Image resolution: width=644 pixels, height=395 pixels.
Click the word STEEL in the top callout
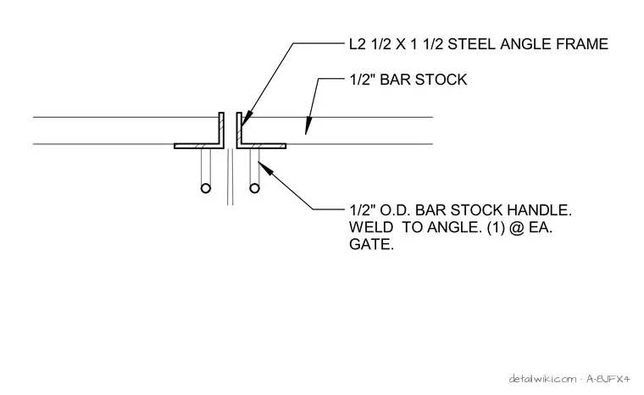click(471, 44)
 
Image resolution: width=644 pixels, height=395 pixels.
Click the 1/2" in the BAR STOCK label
click(363, 80)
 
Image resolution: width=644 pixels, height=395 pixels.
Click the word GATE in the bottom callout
click(371, 245)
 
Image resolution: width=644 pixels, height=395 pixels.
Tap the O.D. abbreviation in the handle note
click(395, 210)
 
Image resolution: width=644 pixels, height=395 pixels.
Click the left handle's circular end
click(206, 188)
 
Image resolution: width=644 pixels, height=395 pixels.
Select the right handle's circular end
click(255, 188)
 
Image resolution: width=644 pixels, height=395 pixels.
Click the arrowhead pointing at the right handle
click(265, 169)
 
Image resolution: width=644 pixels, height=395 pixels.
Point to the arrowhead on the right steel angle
click(246, 120)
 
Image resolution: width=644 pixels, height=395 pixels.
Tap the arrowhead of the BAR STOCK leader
click(308, 126)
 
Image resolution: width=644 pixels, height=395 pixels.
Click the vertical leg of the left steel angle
click(221, 128)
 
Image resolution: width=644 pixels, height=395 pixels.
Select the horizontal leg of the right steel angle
click(261, 146)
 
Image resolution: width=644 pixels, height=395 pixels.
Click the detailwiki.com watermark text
click(542, 379)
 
